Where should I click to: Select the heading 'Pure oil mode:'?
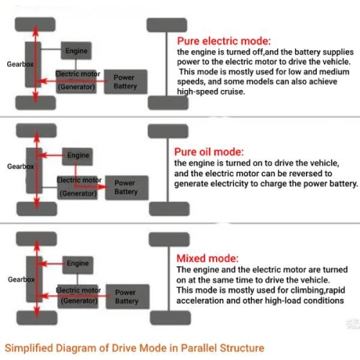coord(209,152)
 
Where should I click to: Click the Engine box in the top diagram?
coord(76,52)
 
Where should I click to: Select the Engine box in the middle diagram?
coord(78,156)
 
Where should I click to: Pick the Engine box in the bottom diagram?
coord(78,264)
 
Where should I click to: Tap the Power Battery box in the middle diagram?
coord(126,187)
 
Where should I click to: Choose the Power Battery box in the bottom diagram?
coord(127,297)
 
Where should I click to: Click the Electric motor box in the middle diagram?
coord(78,186)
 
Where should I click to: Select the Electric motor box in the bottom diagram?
coord(78,295)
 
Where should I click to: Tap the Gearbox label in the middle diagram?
coord(20,166)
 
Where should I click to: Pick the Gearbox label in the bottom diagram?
coord(19,277)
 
